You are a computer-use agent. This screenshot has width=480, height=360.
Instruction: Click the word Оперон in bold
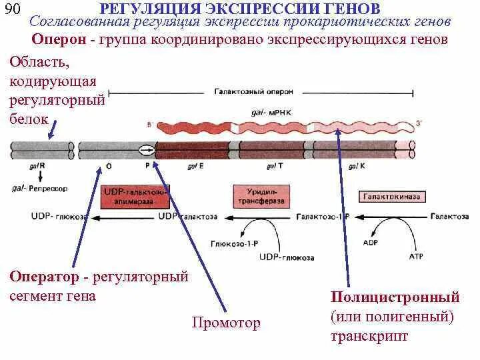click(x=59, y=39)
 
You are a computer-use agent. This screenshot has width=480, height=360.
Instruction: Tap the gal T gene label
click(x=274, y=165)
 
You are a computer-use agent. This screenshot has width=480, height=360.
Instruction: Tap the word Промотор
click(x=226, y=323)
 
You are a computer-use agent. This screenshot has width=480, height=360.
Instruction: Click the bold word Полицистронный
click(x=395, y=297)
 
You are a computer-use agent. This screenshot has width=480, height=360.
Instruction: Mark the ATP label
click(x=415, y=255)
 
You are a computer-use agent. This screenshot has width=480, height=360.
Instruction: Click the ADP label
click(x=371, y=243)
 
